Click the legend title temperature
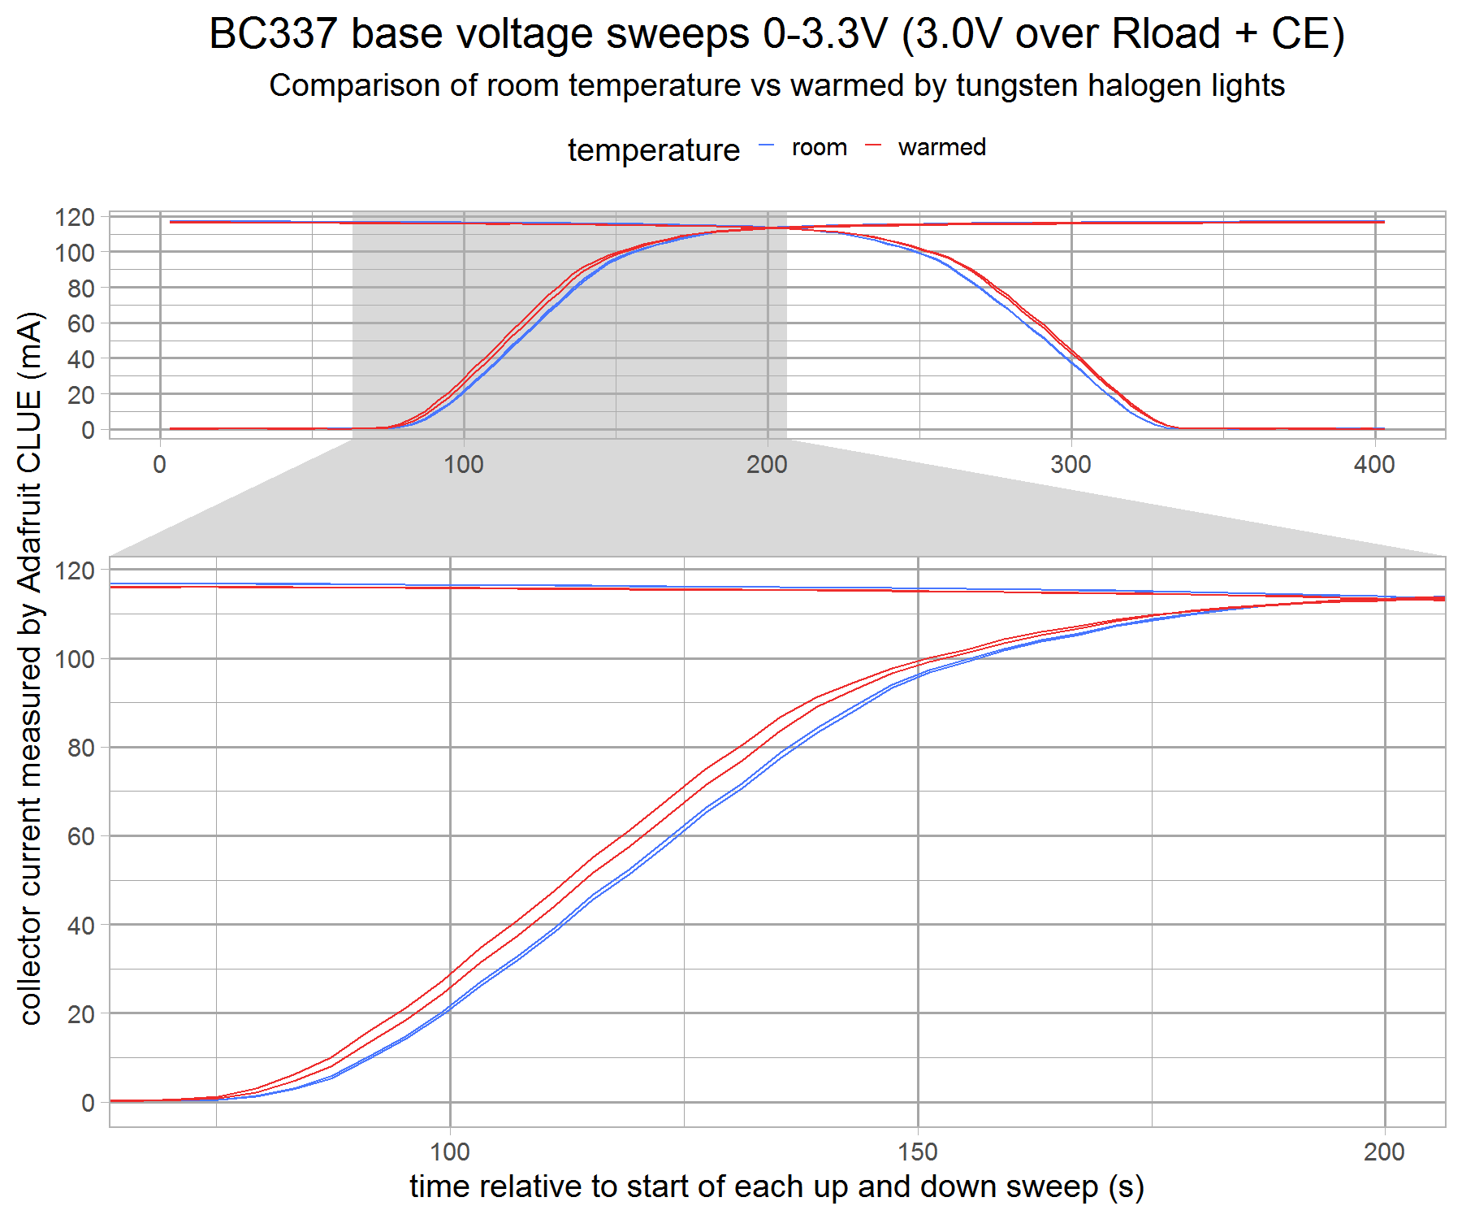(654, 150)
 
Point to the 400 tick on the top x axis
(1374, 465)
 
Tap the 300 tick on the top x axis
(1071, 465)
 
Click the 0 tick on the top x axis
(160, 465)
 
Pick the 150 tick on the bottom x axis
(918, 1152)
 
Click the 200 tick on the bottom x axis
(1384, 1152)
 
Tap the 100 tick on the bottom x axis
(450, 1152)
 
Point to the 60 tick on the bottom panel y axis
(81, 836)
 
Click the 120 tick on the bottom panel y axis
(75, 570)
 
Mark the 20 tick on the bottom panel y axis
(81, 1013)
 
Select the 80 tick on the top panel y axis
(81, 288)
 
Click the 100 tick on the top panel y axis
(75, 253)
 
